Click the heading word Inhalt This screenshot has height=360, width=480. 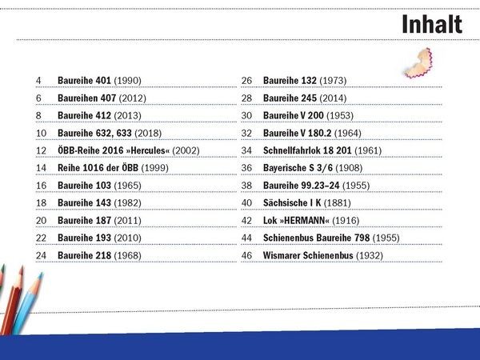[x=432, y=24]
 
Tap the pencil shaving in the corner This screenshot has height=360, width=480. [x=418, y=62]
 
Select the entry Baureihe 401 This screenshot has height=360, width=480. [x=84, y=81]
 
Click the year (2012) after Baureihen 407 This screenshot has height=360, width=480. [x=132, y=98]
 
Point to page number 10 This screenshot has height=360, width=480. [x=41, y=133]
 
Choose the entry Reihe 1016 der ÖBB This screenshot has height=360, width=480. [x=98, y=168]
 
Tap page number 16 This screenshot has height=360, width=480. [x=41, y=186]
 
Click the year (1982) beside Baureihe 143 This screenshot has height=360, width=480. [x=127, y=203]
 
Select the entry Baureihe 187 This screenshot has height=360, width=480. [x=84, y=221]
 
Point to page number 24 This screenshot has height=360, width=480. [x=41, y=256]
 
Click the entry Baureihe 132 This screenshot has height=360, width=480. [x=290, y=81]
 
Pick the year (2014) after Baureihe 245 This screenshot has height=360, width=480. [x=333, y=98]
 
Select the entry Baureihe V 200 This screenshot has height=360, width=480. [x=294, y=116]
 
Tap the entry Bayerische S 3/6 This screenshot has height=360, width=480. [x=298, y=168]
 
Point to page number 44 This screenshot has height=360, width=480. [x=246, y=238]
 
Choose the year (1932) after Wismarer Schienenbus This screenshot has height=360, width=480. [x=370, y=256]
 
